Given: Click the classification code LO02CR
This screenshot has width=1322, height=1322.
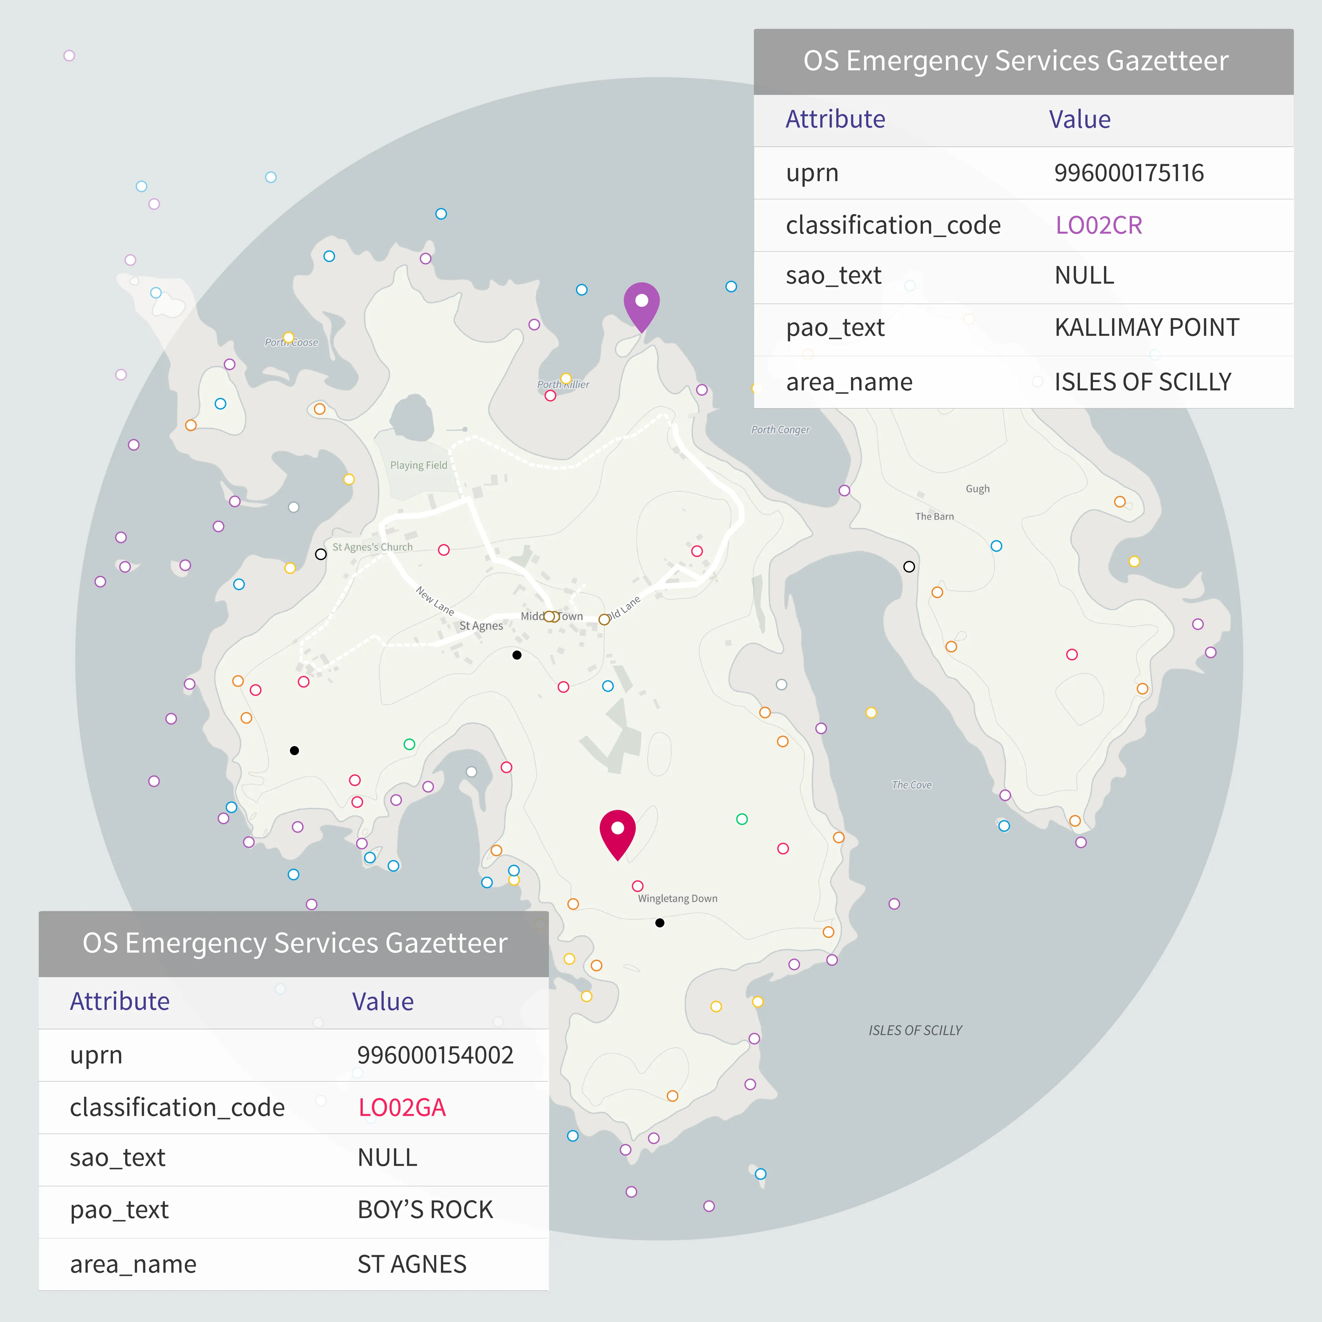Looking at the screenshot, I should tap(1098, 225).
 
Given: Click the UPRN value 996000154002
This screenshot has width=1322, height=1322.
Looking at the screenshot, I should tap(435, 1055).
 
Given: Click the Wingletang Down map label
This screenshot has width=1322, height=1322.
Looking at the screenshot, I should tap(678, 899).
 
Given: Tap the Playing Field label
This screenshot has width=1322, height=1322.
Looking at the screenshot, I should tap(418, 465).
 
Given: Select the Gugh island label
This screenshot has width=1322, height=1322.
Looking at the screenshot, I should tap(977, 489).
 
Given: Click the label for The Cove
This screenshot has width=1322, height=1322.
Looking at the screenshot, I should tap(911, 785).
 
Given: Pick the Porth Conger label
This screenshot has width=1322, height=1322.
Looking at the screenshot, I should tap(780, 430).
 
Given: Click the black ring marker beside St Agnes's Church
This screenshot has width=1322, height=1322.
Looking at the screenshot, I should tap(320, 554).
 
